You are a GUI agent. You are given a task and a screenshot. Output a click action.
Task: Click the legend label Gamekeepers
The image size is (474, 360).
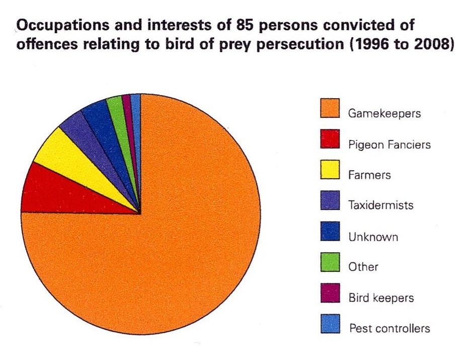tap(384, 113)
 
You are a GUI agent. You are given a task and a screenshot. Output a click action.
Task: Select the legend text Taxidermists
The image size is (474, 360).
tap(381, 205)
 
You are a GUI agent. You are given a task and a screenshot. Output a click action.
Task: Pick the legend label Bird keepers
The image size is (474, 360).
tap(381, 298)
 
